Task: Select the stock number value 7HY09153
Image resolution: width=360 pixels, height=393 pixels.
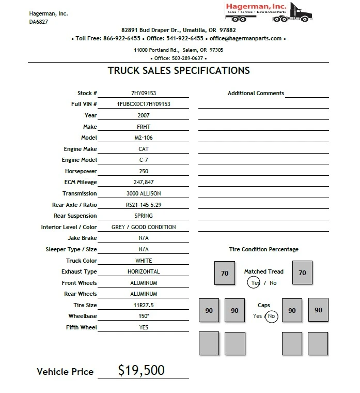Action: pyautogui.click(x=144, y=93)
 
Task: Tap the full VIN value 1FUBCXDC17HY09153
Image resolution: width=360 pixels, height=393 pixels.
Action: pyautogui.click(x=144, y=104)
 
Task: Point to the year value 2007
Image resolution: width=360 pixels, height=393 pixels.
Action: pyautogui.click(x=144, y=115)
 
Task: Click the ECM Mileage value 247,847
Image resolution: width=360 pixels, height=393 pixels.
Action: pyautogui.click(x=144, y=182)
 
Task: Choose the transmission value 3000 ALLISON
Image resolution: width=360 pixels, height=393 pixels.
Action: pyautogui.click(x=144, y=193)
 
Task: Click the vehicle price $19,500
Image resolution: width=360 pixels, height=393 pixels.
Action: pyautogui.click(x=141, y=370)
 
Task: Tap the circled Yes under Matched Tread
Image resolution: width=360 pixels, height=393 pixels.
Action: pyautogui.click(x=254, y=283)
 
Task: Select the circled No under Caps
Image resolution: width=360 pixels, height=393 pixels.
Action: pyautogui.click(x=272, y=316)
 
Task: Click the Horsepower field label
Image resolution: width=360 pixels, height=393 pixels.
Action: pyautogui.click(x=81, y=171)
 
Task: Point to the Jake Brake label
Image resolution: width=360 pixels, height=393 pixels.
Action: pyautogui.click(x=82, y=238)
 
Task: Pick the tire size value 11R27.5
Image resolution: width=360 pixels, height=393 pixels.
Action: pyautogui.click(x=144, y=305)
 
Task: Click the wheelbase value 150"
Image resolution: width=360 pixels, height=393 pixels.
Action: pyautogui.click(x=144, y=316)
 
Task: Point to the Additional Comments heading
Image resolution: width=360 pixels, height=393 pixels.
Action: pyautogui.click(x=256, y=93)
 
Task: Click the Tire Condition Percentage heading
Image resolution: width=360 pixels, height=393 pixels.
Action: pyautogui.click(x=263, y=249)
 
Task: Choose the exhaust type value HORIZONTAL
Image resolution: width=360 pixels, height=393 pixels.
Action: pyautogui.click(x=144, y=271)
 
